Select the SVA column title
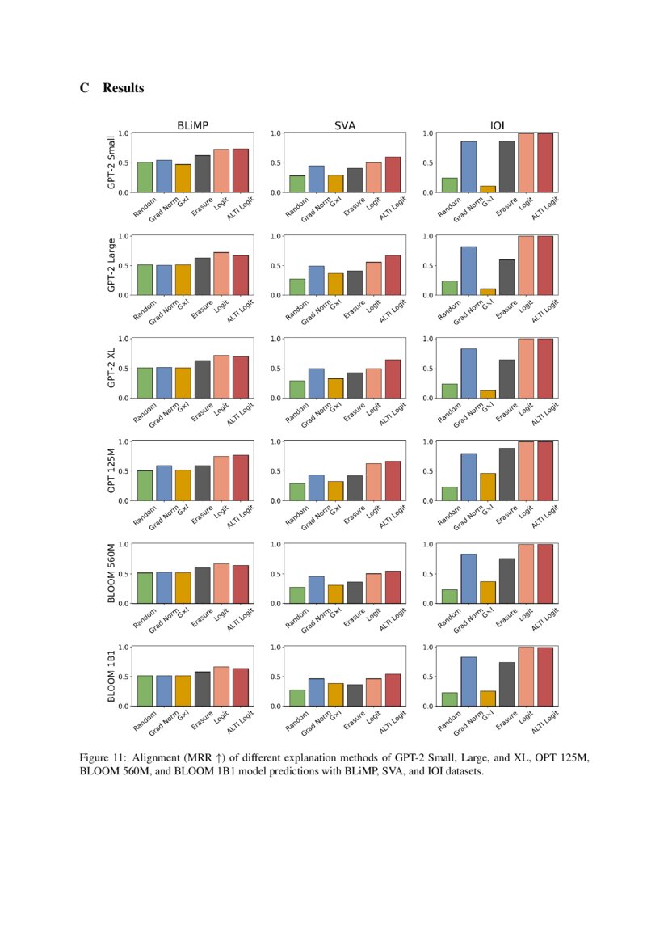tap(345, 125)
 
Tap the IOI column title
tap(498, 125)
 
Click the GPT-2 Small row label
tap(111, 162)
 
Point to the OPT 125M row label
tap(111, 470)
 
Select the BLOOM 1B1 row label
tap(111, 676)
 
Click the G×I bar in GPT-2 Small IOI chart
tap(488, 189)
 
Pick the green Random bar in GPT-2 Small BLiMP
tap(145, 178)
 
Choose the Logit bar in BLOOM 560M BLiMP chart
tap(221, 584)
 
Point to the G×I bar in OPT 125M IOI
tap(488, 487)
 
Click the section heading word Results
tap(123, 88)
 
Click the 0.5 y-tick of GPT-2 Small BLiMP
tap(124, 162)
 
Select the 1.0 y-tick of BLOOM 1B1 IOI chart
tap(428, 647)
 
